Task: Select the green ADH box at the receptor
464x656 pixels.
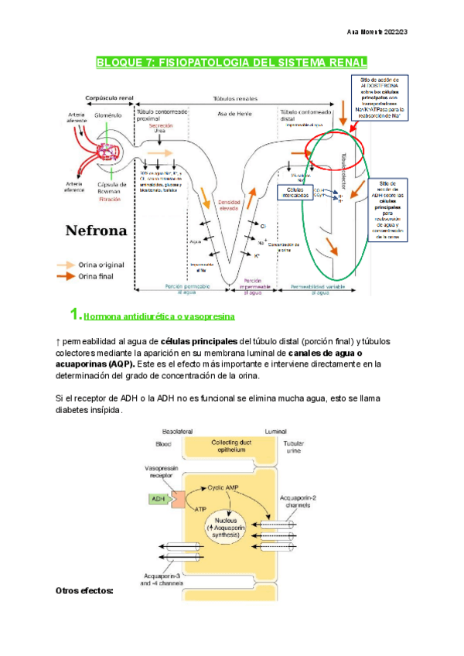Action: tap(159, 499)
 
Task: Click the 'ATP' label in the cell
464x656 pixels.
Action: tap(201, 509)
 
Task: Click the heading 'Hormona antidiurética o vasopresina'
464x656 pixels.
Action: tap(159, 316)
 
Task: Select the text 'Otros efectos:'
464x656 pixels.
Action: tap(84, 590)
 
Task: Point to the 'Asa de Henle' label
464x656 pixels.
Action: tap(232, 114)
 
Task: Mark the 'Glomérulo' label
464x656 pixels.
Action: tap(109, 114)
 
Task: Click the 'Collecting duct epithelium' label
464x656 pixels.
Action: tap(222, 446)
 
